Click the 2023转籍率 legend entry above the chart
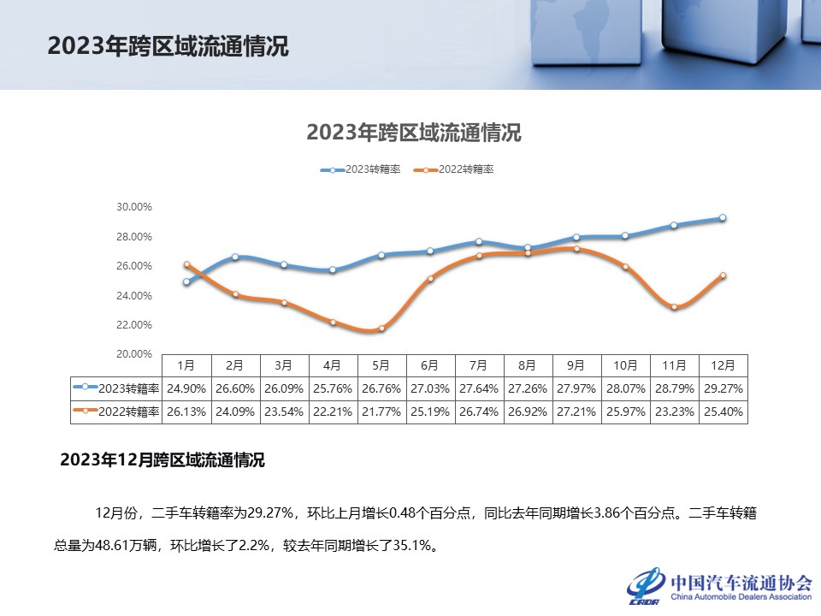(360, 169)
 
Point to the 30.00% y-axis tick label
(133, 207)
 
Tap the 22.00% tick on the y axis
(133, 325)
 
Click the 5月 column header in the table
(381, 365)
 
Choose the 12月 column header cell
(723, 365)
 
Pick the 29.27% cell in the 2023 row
(723, 388)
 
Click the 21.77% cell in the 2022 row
(381, 412)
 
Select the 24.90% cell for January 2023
(186, 388)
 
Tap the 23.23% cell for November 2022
(674, 412)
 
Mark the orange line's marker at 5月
(381, 329)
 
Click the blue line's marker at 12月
(723, 218)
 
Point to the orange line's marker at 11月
(674, 306)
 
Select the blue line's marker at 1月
(186, 281)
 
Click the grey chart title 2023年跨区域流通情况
(413, 133)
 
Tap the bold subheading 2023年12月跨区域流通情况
(162, 460)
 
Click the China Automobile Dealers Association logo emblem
(647, 584)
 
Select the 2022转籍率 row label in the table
(117, 412)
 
